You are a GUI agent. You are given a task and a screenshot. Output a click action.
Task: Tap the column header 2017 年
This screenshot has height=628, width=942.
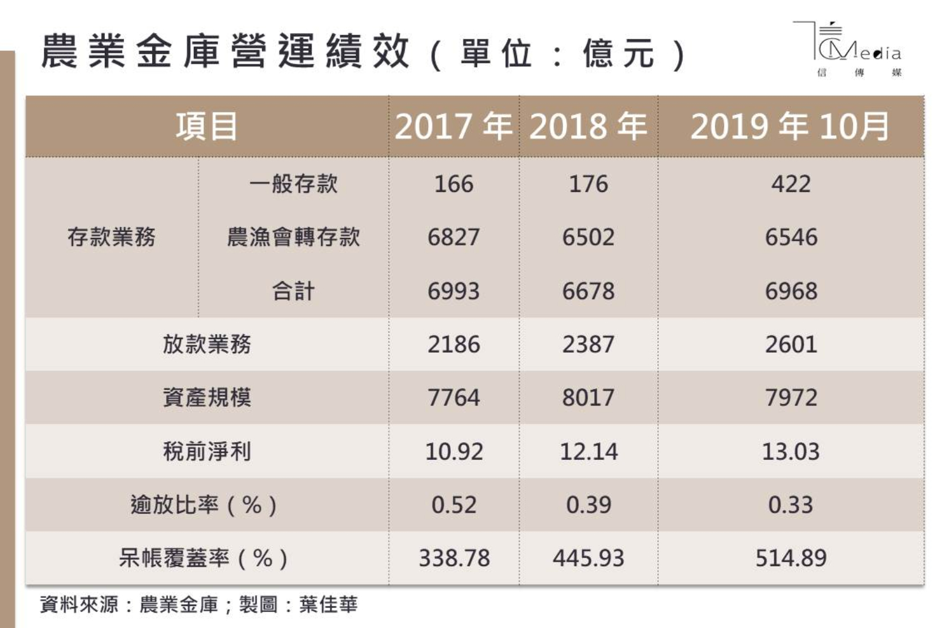[x=454, y=126]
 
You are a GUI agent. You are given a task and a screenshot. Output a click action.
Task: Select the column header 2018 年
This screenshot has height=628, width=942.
[x=588, y=126]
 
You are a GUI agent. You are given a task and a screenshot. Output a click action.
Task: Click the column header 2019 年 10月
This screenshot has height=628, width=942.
[x=790, y=126]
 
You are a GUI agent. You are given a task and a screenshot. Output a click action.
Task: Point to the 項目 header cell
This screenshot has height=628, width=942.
[x=207, y=126]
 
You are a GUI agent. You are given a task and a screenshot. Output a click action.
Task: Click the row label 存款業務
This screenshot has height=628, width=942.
[x=112, y=237]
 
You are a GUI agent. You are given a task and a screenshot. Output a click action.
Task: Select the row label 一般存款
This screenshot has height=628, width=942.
[x=293, y=184]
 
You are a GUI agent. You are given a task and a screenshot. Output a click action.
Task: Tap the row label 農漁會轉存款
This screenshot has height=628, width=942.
[x=293, y=237]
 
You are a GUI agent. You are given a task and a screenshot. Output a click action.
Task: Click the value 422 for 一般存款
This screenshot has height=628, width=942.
[x=791, y=184]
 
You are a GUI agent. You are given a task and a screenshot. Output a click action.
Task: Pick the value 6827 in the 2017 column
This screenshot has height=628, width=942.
[x=454, y=237]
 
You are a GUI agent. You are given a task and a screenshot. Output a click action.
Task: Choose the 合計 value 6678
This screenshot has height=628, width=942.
[x=588, y=291]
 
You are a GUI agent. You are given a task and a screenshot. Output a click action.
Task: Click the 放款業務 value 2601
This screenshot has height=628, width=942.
[x=791, y=345]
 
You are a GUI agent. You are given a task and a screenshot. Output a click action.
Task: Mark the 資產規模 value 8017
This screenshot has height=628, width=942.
[x=588, y=398]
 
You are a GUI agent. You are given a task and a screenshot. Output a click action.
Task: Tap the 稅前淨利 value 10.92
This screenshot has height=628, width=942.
[x=454, y=452]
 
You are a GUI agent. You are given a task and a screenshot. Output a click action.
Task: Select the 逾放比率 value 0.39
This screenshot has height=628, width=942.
[x=588, y=505]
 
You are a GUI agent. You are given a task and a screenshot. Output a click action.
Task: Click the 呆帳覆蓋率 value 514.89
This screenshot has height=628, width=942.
[x=791, y=559]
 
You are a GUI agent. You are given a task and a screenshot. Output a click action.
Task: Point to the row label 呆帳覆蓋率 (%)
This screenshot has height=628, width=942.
[x=203, y=559]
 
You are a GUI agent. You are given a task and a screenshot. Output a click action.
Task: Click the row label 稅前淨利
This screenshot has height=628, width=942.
[x=207, y=452]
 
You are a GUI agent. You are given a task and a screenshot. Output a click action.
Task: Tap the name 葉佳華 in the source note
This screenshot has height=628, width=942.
[x=328, y=605]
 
